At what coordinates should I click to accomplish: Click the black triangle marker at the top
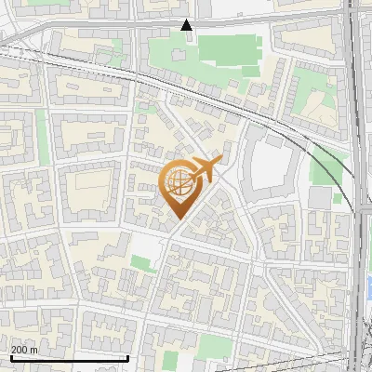pos(186,25)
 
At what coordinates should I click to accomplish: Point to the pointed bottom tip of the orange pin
pos(178,219)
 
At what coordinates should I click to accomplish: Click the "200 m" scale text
pos(24,350)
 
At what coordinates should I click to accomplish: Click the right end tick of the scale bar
pos(127,356)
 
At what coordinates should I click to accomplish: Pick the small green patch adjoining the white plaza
pos(142,263)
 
